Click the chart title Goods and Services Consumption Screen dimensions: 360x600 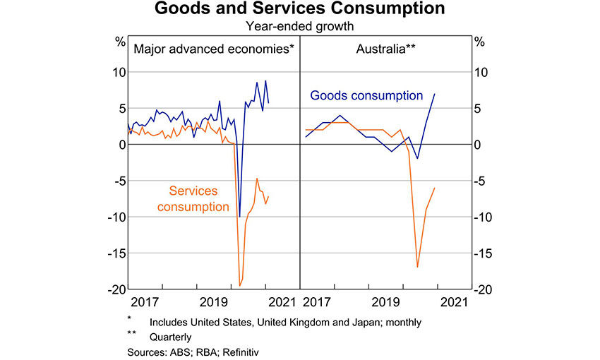(300, 10)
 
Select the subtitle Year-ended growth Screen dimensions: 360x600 (300, 27)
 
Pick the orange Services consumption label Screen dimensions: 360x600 (193, 198)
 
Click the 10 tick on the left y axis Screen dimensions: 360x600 (117, 72)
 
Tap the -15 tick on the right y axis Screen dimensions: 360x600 (484, 253)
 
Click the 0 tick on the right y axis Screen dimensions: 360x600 (480, 145)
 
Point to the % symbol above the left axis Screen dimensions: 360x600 (119, 42)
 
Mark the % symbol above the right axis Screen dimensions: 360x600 (480, 42)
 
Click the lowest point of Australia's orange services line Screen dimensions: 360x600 (418, 267)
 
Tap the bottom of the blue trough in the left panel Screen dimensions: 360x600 (240, 216)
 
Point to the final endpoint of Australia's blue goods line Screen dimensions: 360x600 (435, 94)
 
